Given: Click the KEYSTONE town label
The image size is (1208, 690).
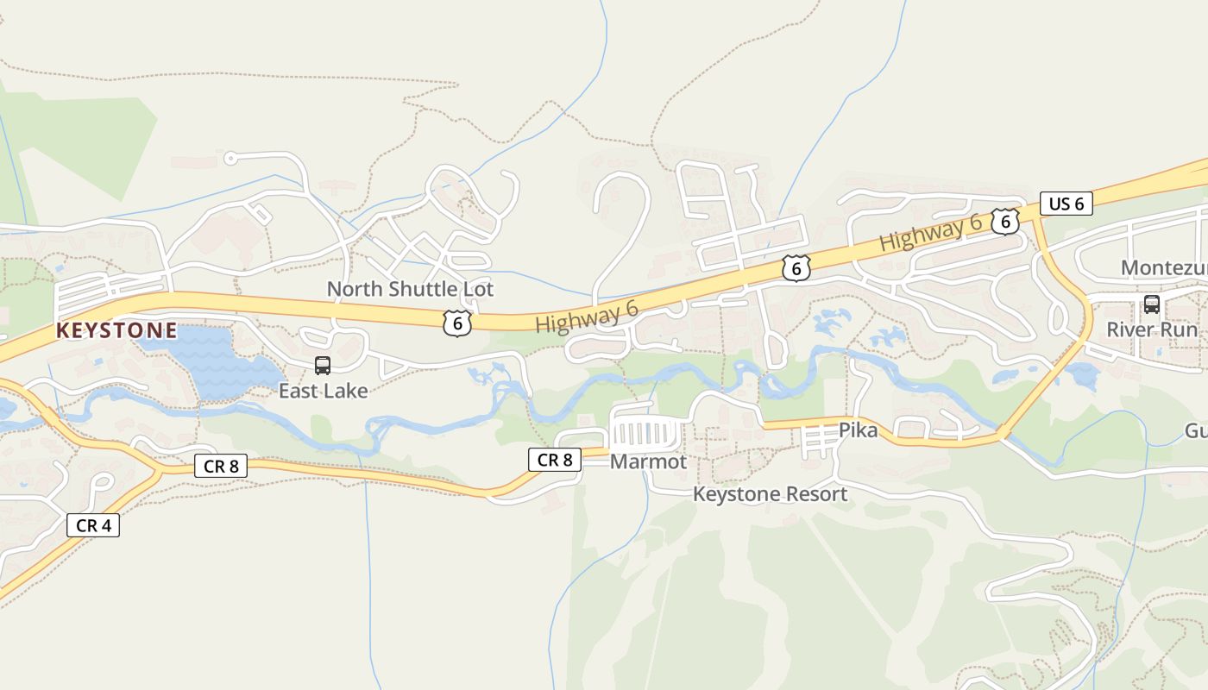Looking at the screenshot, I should pyautogui.click(x=116, y=330).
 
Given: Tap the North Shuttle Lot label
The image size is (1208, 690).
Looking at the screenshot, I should pyautogui.click(x=410, y=289).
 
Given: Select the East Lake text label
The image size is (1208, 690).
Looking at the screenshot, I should pyautogui.click(x=323, y=391).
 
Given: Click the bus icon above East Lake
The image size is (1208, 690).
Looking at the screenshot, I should pyautogui.click(x=323, y=366).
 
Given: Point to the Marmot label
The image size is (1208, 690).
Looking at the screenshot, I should pyautogui.click(x=648, y=462).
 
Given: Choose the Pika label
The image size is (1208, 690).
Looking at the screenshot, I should pyautogui.click(x=858, y=430).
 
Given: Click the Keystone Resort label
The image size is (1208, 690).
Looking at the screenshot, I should pyautogui.click(x=771, y=494).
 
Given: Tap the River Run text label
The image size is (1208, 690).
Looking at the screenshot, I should pyautogui.click(x=1152, y=329).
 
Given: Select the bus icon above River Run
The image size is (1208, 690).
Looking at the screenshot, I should pyautogui.click(x=1151, y=304).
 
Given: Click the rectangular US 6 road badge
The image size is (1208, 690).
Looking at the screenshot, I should pyautogui.click(x=1066, y=204).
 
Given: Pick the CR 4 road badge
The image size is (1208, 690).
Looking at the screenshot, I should pyautogui.click(x=93, y=525).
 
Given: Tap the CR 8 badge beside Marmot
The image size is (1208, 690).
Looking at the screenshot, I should pyautogui.click(x=554, y=460).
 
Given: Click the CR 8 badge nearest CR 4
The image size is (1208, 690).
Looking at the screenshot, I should pyautogui.click(x=221, y=467).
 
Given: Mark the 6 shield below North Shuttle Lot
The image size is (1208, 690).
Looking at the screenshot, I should pyautogui.click(x=457, y=323).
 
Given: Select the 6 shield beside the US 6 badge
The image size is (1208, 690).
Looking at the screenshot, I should pyautogui.click(x=1004, y=222).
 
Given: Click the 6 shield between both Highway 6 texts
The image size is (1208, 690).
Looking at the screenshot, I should pyautogui.click(x=796, y=268).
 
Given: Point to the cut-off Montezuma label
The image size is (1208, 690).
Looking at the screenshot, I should pyautogui.click(x=1163, y=268).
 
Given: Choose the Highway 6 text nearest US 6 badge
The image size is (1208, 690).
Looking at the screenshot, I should pyautogui.click(x=930, y=233).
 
